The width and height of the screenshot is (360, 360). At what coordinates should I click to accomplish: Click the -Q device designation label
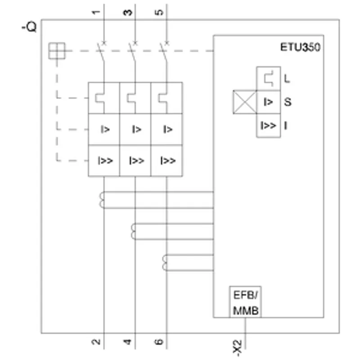pos(29,27)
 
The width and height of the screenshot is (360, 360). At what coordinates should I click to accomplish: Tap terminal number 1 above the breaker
pos(96,12)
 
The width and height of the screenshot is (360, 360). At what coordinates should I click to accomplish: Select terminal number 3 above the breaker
pos(128,13)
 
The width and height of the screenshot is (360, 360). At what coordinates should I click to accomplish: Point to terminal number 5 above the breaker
pos(159,12)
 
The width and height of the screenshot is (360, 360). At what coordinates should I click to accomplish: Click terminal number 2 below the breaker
pos(96,342)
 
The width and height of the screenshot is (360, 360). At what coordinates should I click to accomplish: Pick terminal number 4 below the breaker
pos(127,342)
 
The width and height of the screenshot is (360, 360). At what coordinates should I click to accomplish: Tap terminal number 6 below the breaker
pos(159,342)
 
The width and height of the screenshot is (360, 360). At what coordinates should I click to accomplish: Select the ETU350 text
pos(300,47)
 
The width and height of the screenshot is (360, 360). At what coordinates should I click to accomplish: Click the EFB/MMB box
pos(245,302)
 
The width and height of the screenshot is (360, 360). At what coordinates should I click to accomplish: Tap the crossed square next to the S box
pos(245,102)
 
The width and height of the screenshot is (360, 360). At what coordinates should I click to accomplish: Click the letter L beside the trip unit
pos(287,79)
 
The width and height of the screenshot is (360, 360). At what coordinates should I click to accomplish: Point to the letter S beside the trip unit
pos(288,102)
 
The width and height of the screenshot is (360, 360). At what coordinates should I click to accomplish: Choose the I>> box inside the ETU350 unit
pos(268,126)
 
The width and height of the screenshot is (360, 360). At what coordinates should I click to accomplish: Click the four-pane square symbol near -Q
pos(57,51)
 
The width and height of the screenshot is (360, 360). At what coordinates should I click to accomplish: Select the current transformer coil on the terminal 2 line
pos(102,200)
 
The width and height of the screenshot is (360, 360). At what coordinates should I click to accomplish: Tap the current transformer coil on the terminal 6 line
pos(165,263)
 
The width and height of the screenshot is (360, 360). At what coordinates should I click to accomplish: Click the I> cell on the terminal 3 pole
pos(135,129)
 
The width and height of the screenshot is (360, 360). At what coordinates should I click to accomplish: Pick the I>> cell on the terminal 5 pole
pos(166,161)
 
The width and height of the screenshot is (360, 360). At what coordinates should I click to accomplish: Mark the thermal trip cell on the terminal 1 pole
pos(104,98)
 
